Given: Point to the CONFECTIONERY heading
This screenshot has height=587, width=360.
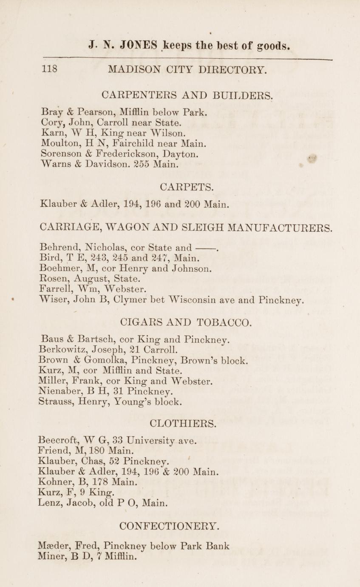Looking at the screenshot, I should pyautogui.click(x=170, y=526).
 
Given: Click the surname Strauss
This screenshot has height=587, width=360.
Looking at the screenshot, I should pyautogui.click(x=55, y=402).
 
